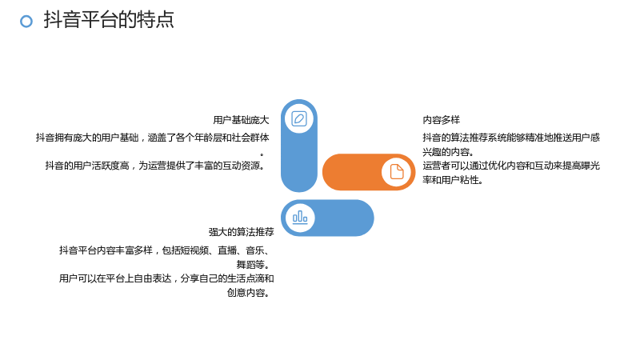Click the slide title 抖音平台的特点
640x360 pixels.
[x=109, y=19]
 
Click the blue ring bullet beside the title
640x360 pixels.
[x=26, y=22]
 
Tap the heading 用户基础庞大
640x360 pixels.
[x=241, y=120]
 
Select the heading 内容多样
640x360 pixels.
[x=442, y=120]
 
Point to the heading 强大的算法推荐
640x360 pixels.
[x=242, y=232]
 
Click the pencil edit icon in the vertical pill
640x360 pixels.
[x=299, y=118]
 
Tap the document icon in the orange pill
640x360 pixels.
[x=396, y=172]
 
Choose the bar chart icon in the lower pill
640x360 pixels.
[x=300, y=217]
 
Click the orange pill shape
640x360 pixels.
[x=369, y=172]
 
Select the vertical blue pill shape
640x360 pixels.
[x=299, y=146]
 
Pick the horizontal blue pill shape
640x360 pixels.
[x=327, y=218]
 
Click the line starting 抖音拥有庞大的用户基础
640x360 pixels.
[x=152, y=138]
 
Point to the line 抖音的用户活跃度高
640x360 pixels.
[x=155, y=166]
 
